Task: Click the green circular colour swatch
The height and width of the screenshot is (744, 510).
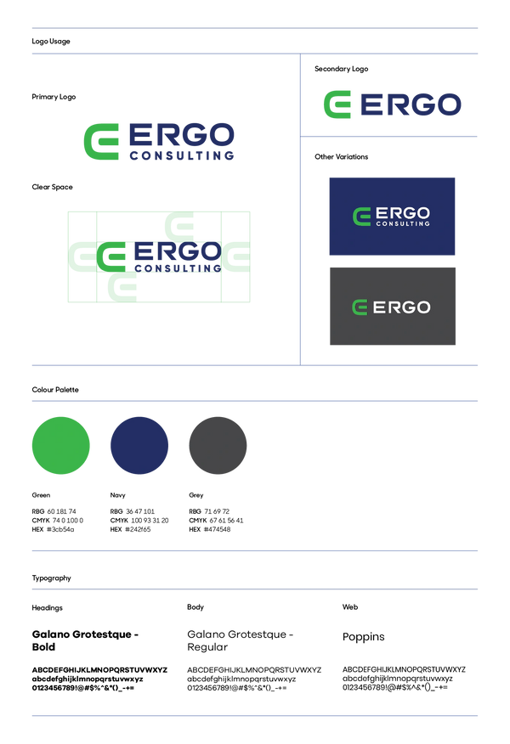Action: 61,445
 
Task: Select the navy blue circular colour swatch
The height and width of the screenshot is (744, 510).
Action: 139,445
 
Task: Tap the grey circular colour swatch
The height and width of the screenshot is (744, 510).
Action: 218,445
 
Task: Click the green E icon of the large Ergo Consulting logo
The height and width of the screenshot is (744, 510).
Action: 101,141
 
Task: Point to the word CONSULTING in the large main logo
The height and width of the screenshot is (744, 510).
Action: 181,156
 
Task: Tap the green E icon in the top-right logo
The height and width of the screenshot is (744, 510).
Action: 337,104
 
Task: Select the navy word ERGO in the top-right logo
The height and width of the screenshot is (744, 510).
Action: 411,104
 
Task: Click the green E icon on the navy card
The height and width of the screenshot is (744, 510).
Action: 361,217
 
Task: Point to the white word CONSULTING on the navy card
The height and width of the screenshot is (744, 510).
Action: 402,223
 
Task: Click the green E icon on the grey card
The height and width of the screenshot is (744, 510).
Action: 360,307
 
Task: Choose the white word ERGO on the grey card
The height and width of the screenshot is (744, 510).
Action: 402,307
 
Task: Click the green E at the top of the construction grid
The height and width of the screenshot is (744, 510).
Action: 179,226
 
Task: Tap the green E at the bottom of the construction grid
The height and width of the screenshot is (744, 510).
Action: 122,286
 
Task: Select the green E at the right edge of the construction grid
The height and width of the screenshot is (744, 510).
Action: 237,256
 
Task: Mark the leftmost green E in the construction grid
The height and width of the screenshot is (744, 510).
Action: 82,256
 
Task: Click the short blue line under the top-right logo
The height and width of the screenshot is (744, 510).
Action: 391,136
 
